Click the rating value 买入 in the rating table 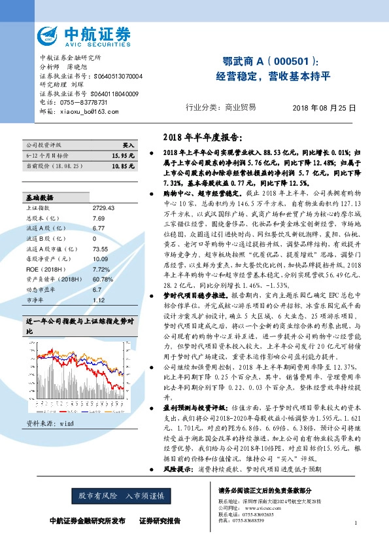(x=128, y=145)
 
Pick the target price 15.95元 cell (x=123, y=156)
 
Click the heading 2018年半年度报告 (x=201, y=138)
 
